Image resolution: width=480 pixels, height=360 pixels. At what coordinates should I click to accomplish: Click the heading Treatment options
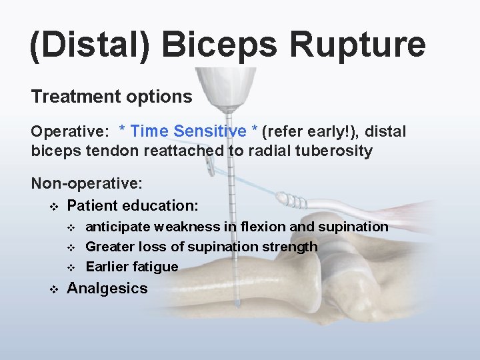click(x=111, y=97)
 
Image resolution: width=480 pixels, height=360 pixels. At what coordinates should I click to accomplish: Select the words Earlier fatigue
click(x=132, y=267)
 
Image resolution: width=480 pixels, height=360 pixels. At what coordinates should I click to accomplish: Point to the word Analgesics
click(x=107, y=288)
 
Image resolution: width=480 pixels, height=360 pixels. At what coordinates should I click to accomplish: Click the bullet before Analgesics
click(x=54, y=289)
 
